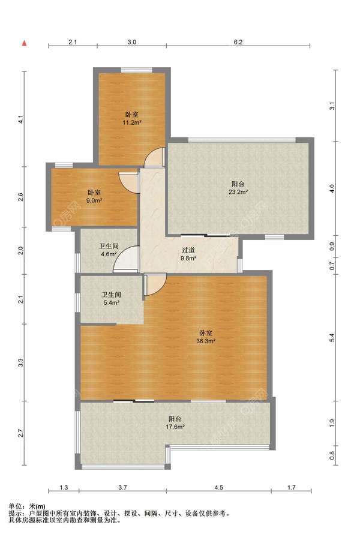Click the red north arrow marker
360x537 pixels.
[x=25, y=43]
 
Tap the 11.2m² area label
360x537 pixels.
[x=132, y=122]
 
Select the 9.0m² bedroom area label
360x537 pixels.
[x=94, y=200]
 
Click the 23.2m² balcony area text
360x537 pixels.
[x=238, y=192]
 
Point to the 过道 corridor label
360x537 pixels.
[x=188, y=251]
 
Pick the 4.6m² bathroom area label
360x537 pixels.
[x=109, y=254]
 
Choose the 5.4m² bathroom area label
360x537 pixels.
[x=111, y=303]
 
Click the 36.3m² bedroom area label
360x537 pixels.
[x=206, y=341]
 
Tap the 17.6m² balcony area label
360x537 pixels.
[x=175, y=427]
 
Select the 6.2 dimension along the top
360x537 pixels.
[x=238, y=42]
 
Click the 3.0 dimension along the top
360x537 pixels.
[x=132, y=42]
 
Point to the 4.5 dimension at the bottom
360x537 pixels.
[x=219, y=487]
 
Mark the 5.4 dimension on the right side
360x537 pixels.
[x=332, y=338]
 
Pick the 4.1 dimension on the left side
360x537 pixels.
[x=21, y=120]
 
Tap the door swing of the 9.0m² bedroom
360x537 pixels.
[x=130, y=182]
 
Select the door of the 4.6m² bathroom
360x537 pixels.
[x=126, y=259]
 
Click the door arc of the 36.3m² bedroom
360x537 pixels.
[x=155, y=285]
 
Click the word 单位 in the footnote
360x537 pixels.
[x=14, y=506]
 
